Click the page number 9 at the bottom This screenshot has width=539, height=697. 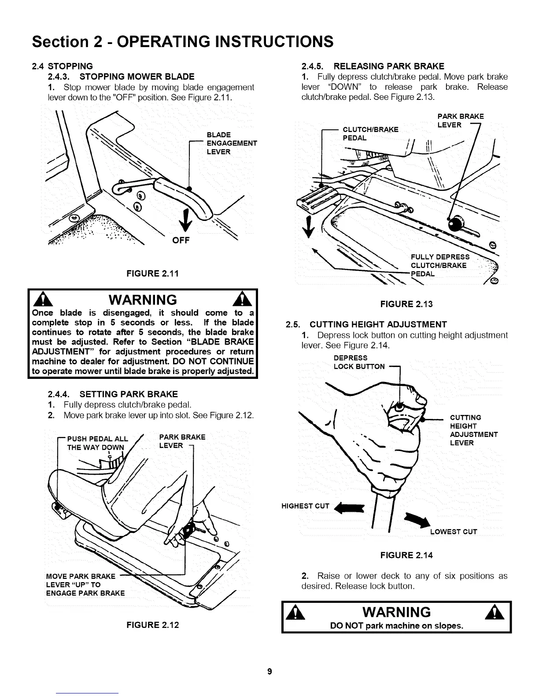(270, 671)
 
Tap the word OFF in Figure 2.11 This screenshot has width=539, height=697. (181, 240)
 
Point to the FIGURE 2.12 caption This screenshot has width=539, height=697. (153, 625)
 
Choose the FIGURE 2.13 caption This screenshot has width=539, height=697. (406, 304)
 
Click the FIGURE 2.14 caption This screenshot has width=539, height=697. (406, 555)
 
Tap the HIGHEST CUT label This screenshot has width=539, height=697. (305, 506)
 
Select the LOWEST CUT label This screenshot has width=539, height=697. (454, 532)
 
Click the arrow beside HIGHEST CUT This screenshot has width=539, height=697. (351, 507)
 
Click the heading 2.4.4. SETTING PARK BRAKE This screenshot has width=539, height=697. (112, 394)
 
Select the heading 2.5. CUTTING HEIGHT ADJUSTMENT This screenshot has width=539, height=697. (366, 325)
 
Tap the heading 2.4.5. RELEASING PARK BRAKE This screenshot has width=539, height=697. (373, 66)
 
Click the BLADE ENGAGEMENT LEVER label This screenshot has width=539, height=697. (232, 143)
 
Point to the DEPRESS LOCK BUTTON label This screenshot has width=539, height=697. (359, 362)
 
